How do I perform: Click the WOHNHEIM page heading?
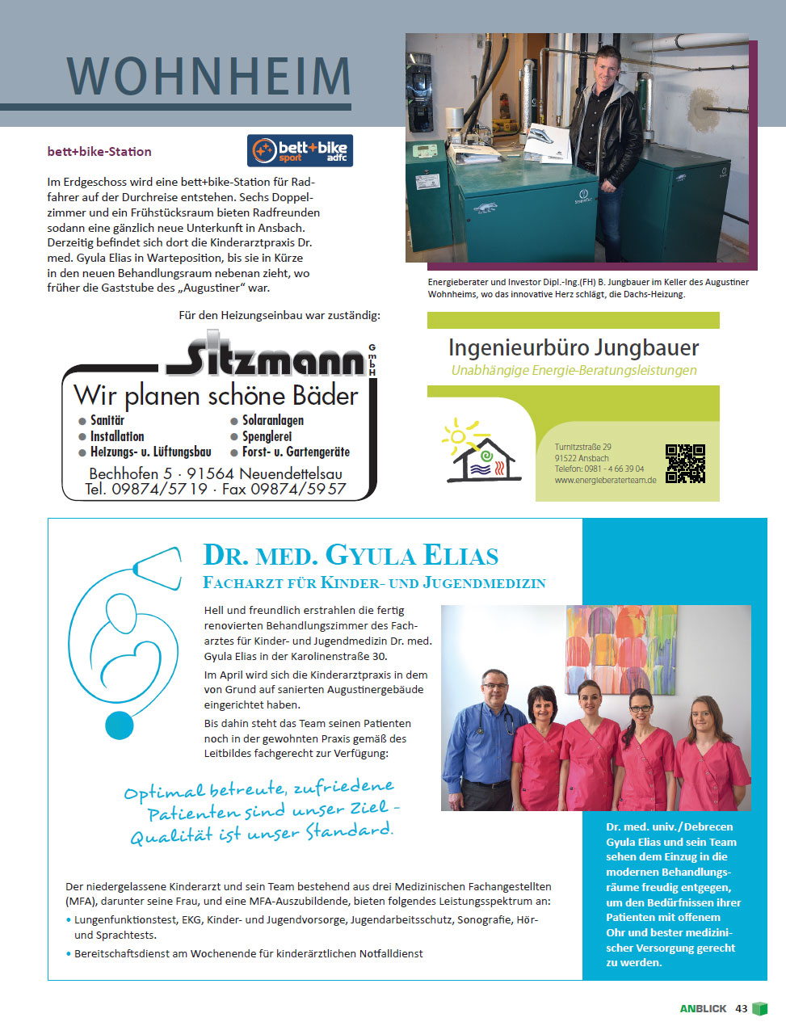click(x=208, y=77)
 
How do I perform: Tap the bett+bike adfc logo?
click(x=300, y=150)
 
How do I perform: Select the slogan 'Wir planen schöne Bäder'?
click(x=216, y=396)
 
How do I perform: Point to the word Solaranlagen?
click(x=272, y=420)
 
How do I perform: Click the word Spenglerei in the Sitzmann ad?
click(x=267, y=436)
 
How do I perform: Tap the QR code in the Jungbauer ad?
click(x=685, y=463)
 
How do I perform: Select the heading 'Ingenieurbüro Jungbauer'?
click(x=573, y=348)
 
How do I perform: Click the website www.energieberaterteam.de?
click(x=605, y=480)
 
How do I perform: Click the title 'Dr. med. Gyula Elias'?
click(x=351, y=556)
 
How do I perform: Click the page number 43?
click(x=741, y=1008)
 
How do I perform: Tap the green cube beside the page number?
click(x=759, y=1008)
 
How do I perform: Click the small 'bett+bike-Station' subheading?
click(x=99, y=151)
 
